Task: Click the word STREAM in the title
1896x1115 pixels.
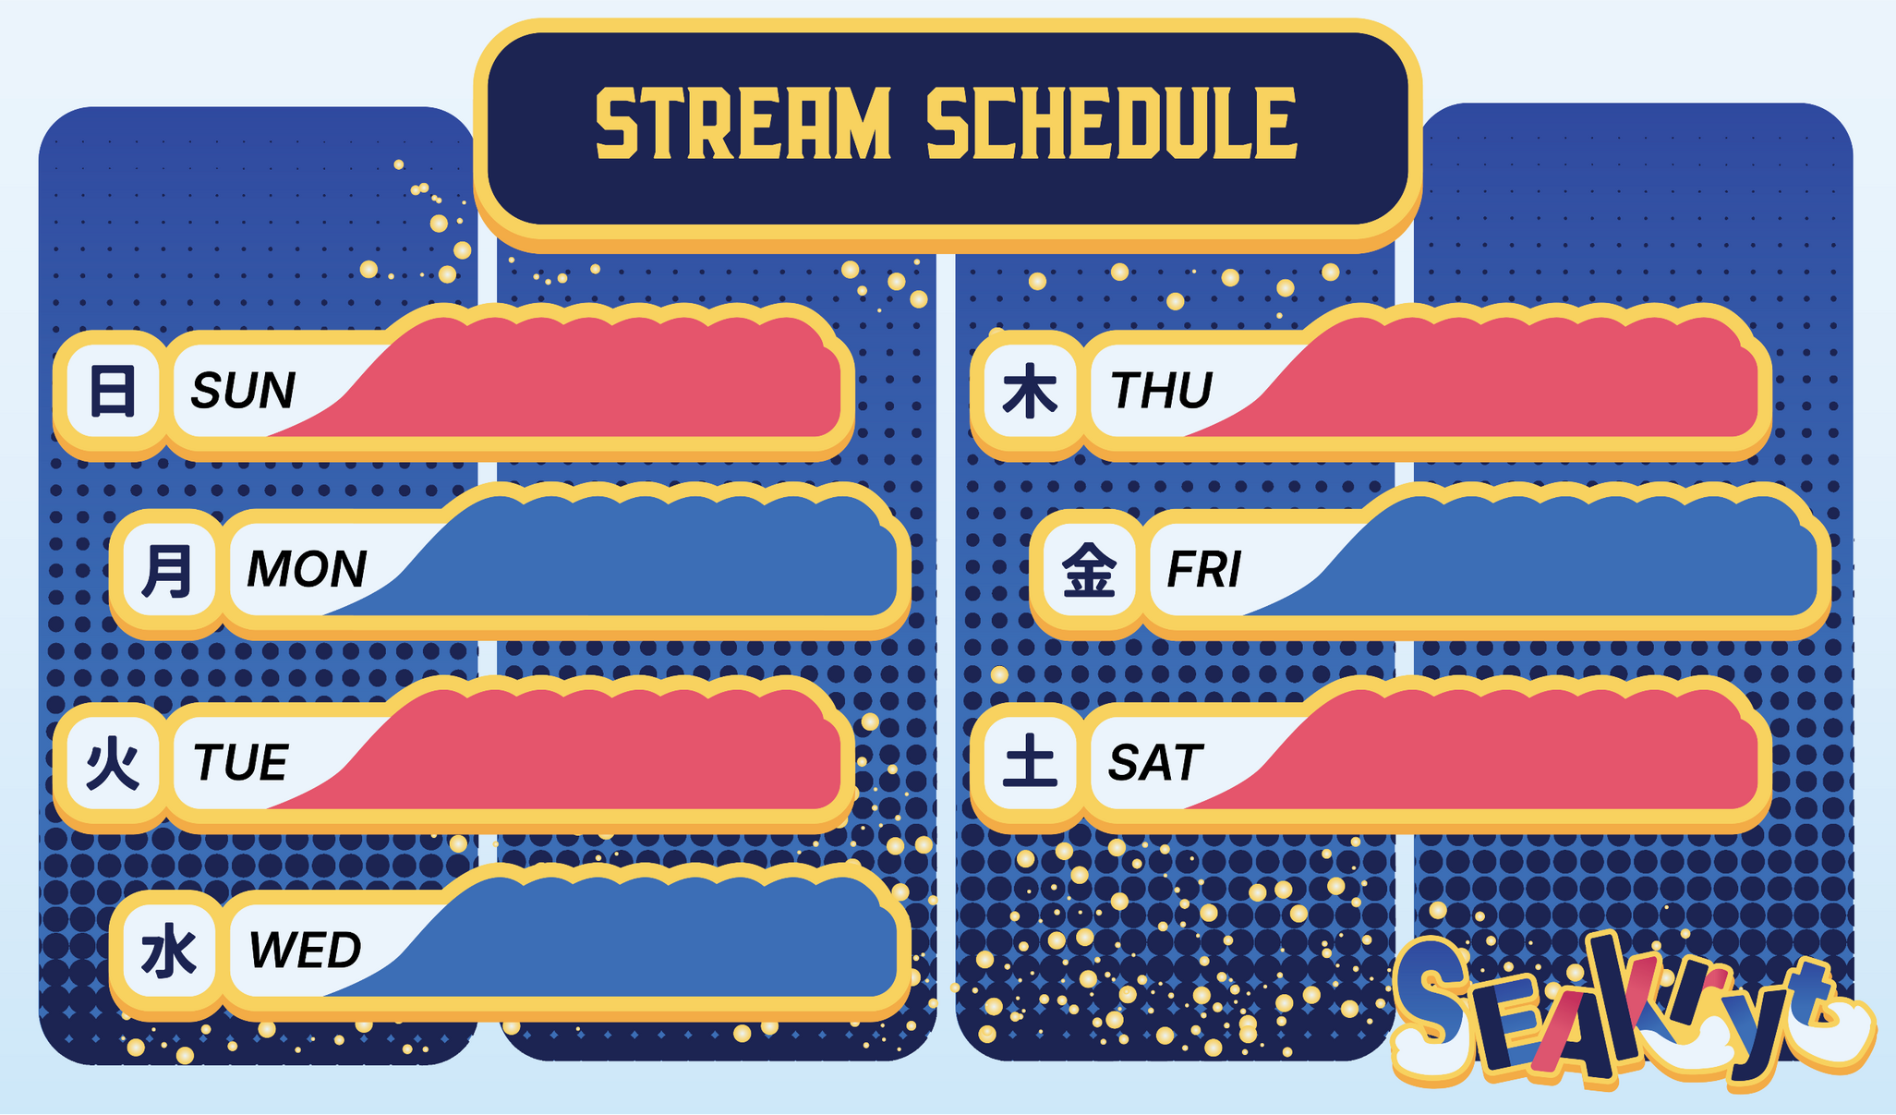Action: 743,124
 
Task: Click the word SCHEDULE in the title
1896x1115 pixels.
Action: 1113,124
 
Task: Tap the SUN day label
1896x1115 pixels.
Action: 243,390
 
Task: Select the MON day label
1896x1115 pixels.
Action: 307,569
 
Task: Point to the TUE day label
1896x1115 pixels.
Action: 241,763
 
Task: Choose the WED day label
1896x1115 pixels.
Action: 305,951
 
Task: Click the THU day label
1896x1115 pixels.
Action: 1161,390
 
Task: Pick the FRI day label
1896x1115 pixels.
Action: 1204,569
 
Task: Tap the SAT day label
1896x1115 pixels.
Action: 1155,763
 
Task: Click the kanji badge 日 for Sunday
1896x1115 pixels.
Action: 112,391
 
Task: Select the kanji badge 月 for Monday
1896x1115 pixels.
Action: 168,570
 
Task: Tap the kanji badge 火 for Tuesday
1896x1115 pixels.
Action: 112,764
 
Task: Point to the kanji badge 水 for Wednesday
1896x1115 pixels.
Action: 168,951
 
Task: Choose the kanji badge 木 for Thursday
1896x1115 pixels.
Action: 1030,391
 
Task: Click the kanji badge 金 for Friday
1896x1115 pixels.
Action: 1089,570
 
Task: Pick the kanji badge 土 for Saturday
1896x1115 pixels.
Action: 1030,764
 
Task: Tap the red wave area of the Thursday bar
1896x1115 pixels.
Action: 1515,379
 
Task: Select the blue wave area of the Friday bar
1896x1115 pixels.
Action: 1570,559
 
